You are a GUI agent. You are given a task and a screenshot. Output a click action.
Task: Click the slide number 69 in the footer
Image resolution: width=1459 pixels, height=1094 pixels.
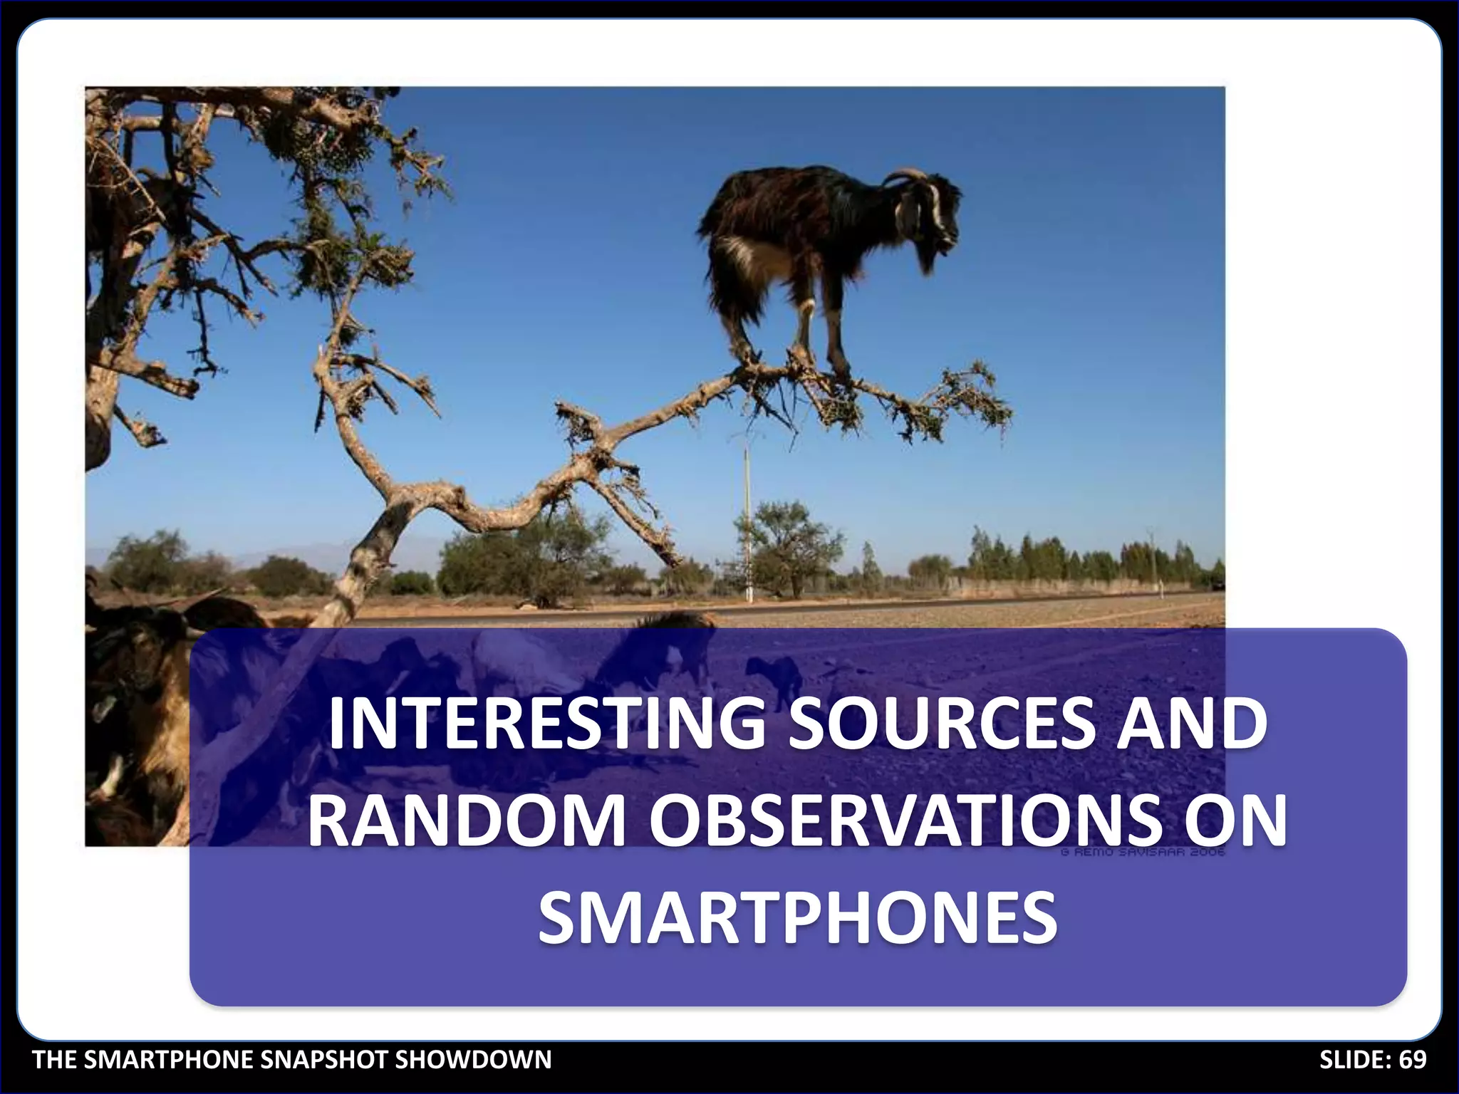coord(1413,1060)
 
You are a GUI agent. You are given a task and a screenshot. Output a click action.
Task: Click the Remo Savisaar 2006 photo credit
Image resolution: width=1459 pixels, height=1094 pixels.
coord(1143,852)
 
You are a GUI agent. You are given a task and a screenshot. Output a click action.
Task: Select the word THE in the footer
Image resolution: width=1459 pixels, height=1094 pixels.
coord(56,1060)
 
